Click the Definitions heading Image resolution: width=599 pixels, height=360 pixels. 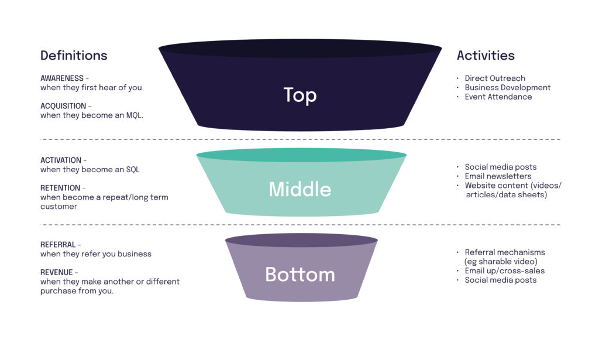pos(74,56)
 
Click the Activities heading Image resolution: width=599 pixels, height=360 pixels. pos(486,56)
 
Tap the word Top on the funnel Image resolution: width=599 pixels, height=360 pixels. pos(300,95)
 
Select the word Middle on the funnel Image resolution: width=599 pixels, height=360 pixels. pos(300,189)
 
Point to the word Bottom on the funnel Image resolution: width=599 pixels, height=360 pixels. pos(300,274)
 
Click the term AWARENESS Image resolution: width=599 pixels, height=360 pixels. pos(62,78)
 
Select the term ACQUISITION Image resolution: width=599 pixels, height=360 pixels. pos(63,106)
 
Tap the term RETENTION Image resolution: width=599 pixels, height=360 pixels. pos(60,188)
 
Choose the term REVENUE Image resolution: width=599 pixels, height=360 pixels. pos(57,272)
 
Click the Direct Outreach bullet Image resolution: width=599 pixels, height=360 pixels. pos(495,78)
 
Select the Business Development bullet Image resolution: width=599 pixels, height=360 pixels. pos(507,88)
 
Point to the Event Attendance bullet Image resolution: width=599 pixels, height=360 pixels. pos(498,97)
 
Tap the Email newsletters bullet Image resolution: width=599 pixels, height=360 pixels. pos(498,176)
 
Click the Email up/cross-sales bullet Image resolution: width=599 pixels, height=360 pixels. pos(504,271)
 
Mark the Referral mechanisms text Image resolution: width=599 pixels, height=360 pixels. pos(505,252)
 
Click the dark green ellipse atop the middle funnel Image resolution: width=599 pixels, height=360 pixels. pos(301,155)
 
